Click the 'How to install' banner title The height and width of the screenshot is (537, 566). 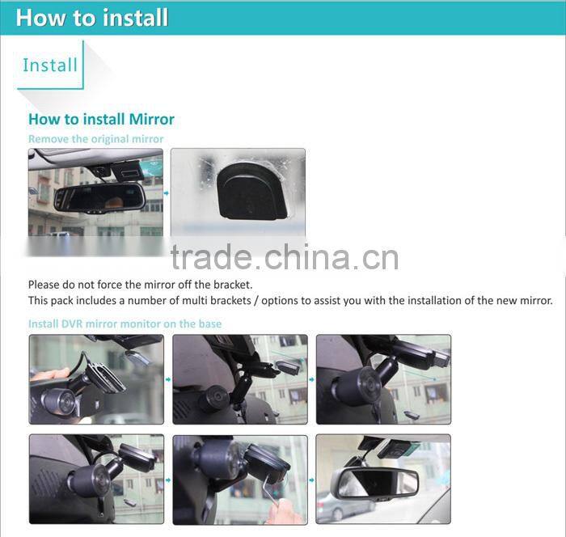(x=92, y=18)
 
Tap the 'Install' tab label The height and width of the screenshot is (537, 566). (x=50, y=65)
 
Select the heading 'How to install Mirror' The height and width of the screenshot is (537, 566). (x=101, y=119)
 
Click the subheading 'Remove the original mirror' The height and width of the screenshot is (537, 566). (x=95, y=139)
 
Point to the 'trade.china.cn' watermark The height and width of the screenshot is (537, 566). (x=284, y=256)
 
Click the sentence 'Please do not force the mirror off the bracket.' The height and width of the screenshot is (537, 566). (x=140, y=285)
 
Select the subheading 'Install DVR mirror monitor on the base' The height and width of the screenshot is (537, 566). (x=125, y=323)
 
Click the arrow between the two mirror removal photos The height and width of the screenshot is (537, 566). (x=167, y=192)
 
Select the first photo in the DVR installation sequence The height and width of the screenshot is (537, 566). (x=95, y=379)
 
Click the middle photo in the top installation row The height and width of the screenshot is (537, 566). (x=239, y=379)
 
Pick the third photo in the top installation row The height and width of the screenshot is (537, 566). (x=383, y=379)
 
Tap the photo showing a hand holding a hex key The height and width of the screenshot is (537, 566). (x=239, y=479)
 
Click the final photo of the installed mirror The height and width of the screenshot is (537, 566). (x=383, y=479)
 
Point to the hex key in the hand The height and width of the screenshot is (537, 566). (x=275, y=497)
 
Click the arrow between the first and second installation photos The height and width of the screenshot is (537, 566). (x=167, y=378)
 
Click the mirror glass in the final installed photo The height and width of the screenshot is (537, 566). (x=376, y=483)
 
